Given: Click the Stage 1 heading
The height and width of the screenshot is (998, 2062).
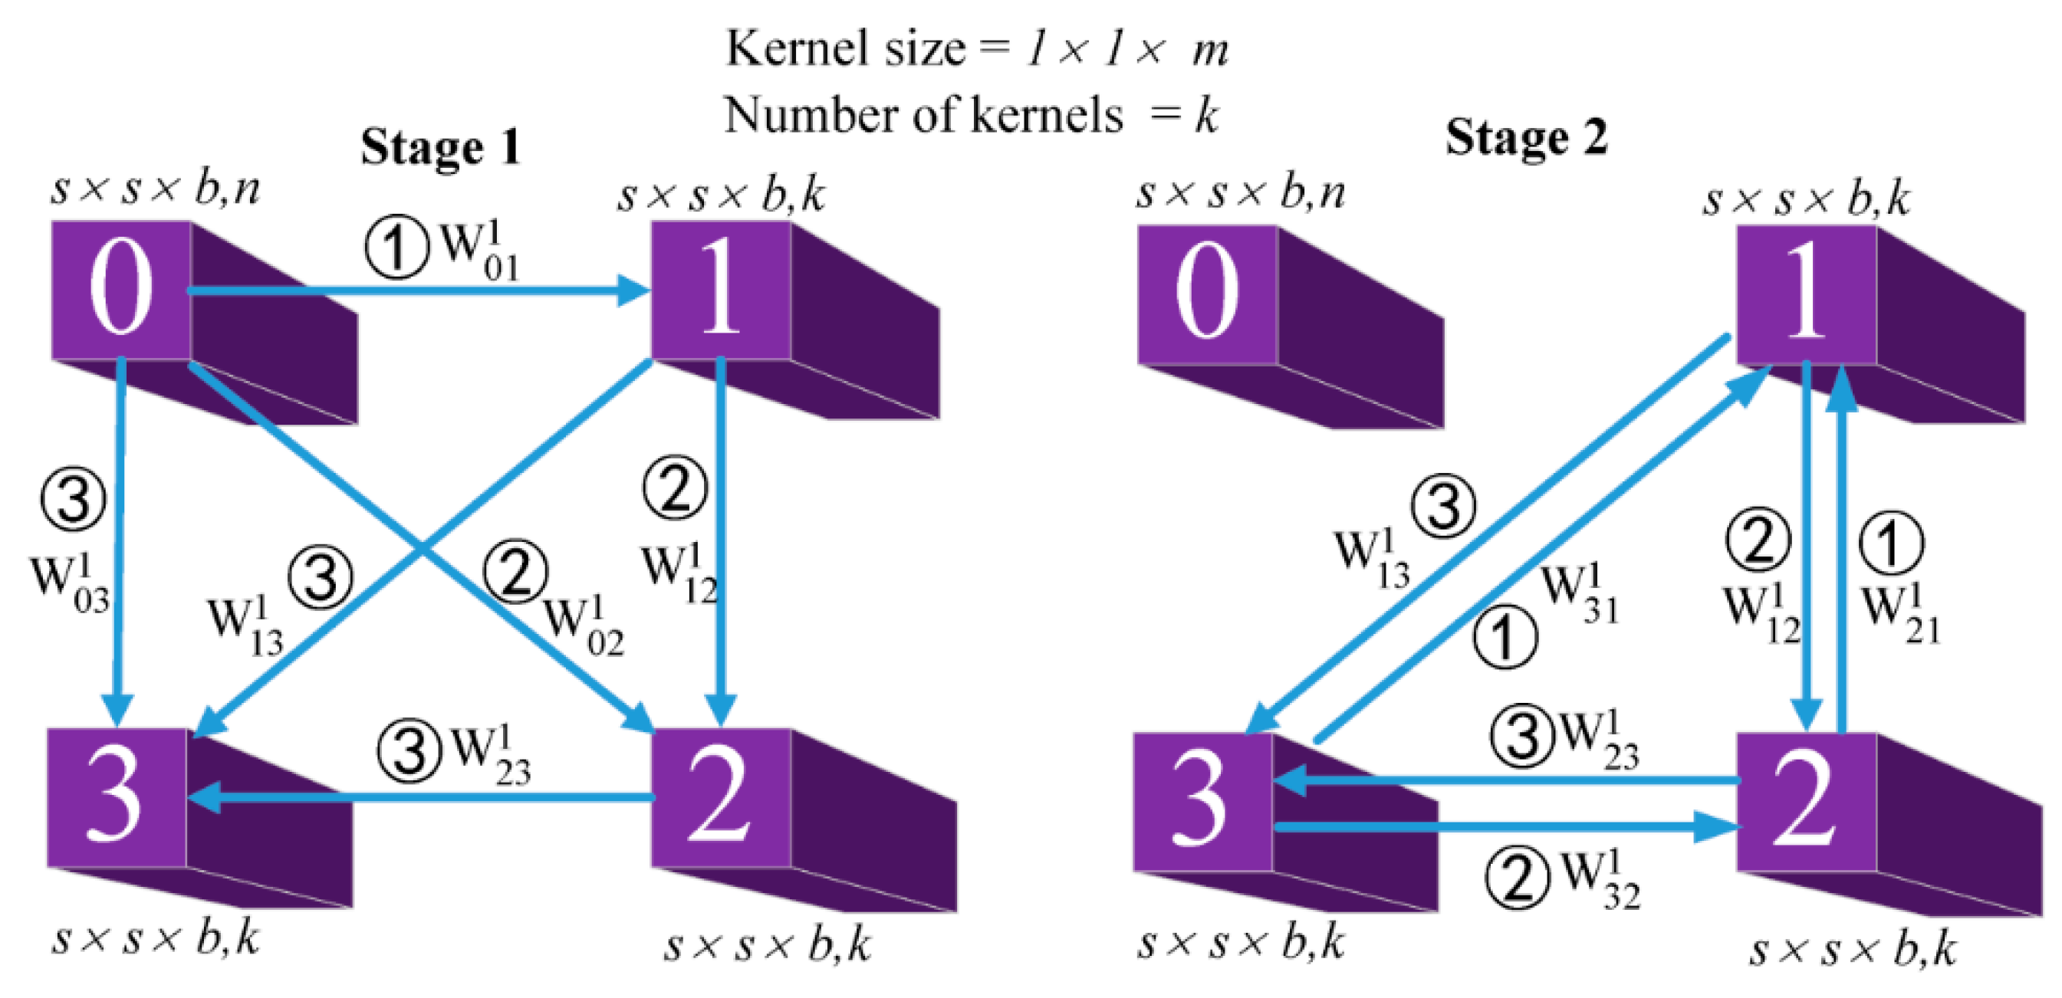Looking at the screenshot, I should tap(440, 148).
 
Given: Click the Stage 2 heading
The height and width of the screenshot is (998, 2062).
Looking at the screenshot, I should tap(1526, 138).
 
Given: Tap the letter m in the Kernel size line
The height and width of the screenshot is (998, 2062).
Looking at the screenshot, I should tap(1209, 51).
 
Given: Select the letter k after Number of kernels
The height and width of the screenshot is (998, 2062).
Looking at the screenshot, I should tap(1206, 117).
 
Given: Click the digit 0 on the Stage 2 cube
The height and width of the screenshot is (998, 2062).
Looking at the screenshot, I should tap(1207, 292).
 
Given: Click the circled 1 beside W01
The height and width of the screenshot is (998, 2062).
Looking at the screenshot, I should tap(397, 248).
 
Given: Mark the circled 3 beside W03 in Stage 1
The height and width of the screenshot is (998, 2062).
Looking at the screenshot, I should tap(74, 501).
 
